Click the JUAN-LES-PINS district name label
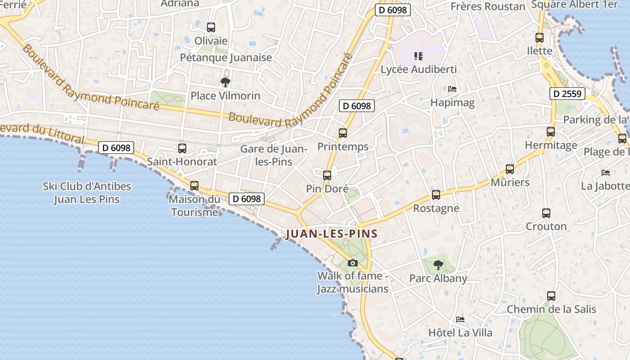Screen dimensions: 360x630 point(331,234)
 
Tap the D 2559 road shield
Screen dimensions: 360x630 point(567,94)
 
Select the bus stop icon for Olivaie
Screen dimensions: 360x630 point(211,27)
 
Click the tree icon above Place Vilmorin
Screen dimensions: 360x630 point(225,82)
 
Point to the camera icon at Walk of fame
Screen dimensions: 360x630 point(353,263)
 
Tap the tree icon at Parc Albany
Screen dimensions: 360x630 point(438,265)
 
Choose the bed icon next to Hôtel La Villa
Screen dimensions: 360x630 point(460,319)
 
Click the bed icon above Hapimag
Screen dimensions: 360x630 point(452,89)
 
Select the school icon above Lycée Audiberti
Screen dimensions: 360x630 point(418,56)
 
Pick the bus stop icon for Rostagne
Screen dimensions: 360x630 point(436,195)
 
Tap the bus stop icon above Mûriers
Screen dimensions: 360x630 point(509,169)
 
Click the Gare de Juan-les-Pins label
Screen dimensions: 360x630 point(274,155)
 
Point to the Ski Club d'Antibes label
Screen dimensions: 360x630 point(87,193)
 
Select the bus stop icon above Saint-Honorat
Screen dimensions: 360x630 point(182,148)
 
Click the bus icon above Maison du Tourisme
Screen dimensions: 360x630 point(194,186)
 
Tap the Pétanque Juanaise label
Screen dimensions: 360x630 point(226,58)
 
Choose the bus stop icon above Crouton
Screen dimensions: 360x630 point(546,213)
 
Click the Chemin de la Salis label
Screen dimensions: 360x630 point(551,310)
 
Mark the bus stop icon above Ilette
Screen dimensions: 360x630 point(540,38)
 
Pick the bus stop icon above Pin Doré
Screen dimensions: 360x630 point(327,175)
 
